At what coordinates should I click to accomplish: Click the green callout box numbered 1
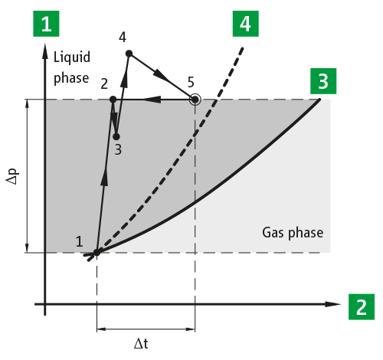[46, 24]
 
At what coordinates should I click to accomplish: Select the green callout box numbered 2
[362, 306]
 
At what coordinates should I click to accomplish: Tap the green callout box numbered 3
[323, 81]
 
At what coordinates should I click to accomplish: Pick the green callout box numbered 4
[246, 24]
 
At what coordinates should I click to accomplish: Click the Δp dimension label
[13, 176]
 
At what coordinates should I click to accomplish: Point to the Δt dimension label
[141, 343]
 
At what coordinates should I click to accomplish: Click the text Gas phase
[293, 233]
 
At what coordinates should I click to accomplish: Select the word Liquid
[72, 57]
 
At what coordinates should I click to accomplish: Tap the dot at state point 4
[129, 54]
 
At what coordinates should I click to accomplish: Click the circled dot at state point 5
[195, 100]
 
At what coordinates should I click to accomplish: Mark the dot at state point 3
[116, 137]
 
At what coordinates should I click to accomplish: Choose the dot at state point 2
[113, 100]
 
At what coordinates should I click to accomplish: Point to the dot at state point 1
[97, 253]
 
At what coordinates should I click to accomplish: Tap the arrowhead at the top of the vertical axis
[45, 51]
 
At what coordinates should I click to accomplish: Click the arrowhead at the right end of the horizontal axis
[333, 304]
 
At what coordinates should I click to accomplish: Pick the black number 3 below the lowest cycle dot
[118, 149]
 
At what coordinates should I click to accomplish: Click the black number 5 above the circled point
[191, 82]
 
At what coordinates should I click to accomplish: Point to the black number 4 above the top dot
[123, 38]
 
